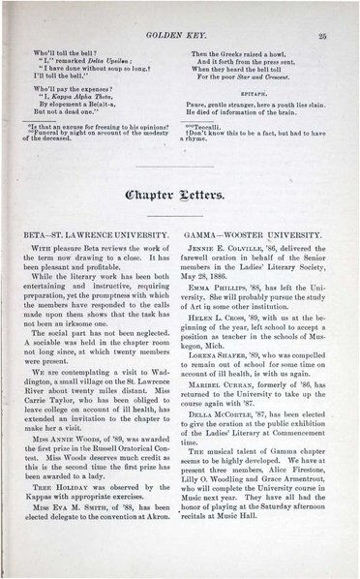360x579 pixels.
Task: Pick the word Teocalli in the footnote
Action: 211,126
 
